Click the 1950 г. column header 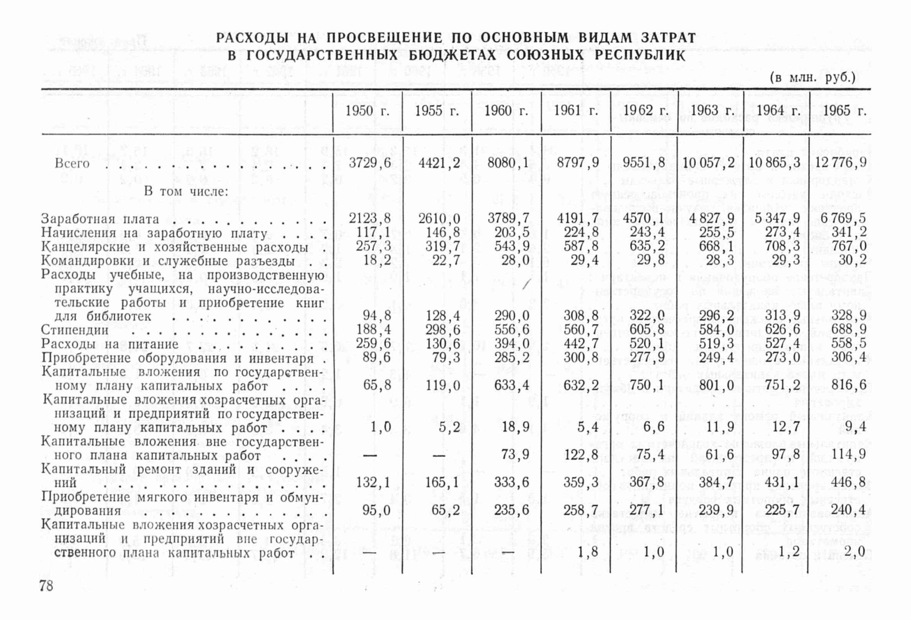(x=367, y=111)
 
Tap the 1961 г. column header (x=576, y=111)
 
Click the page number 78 (x=46, y=586)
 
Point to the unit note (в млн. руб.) (x=813, y=77)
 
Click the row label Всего (x=72, y=163)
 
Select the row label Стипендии (x=75, y=330)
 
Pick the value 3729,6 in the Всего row (x=370, y=163)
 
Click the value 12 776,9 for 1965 (x=840, y=163)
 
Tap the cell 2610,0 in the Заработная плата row (x=439, y=219)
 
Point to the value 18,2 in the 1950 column (x=377, y=261)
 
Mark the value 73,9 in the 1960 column (x=515, y=455)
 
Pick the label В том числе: (x=186, y=192)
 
